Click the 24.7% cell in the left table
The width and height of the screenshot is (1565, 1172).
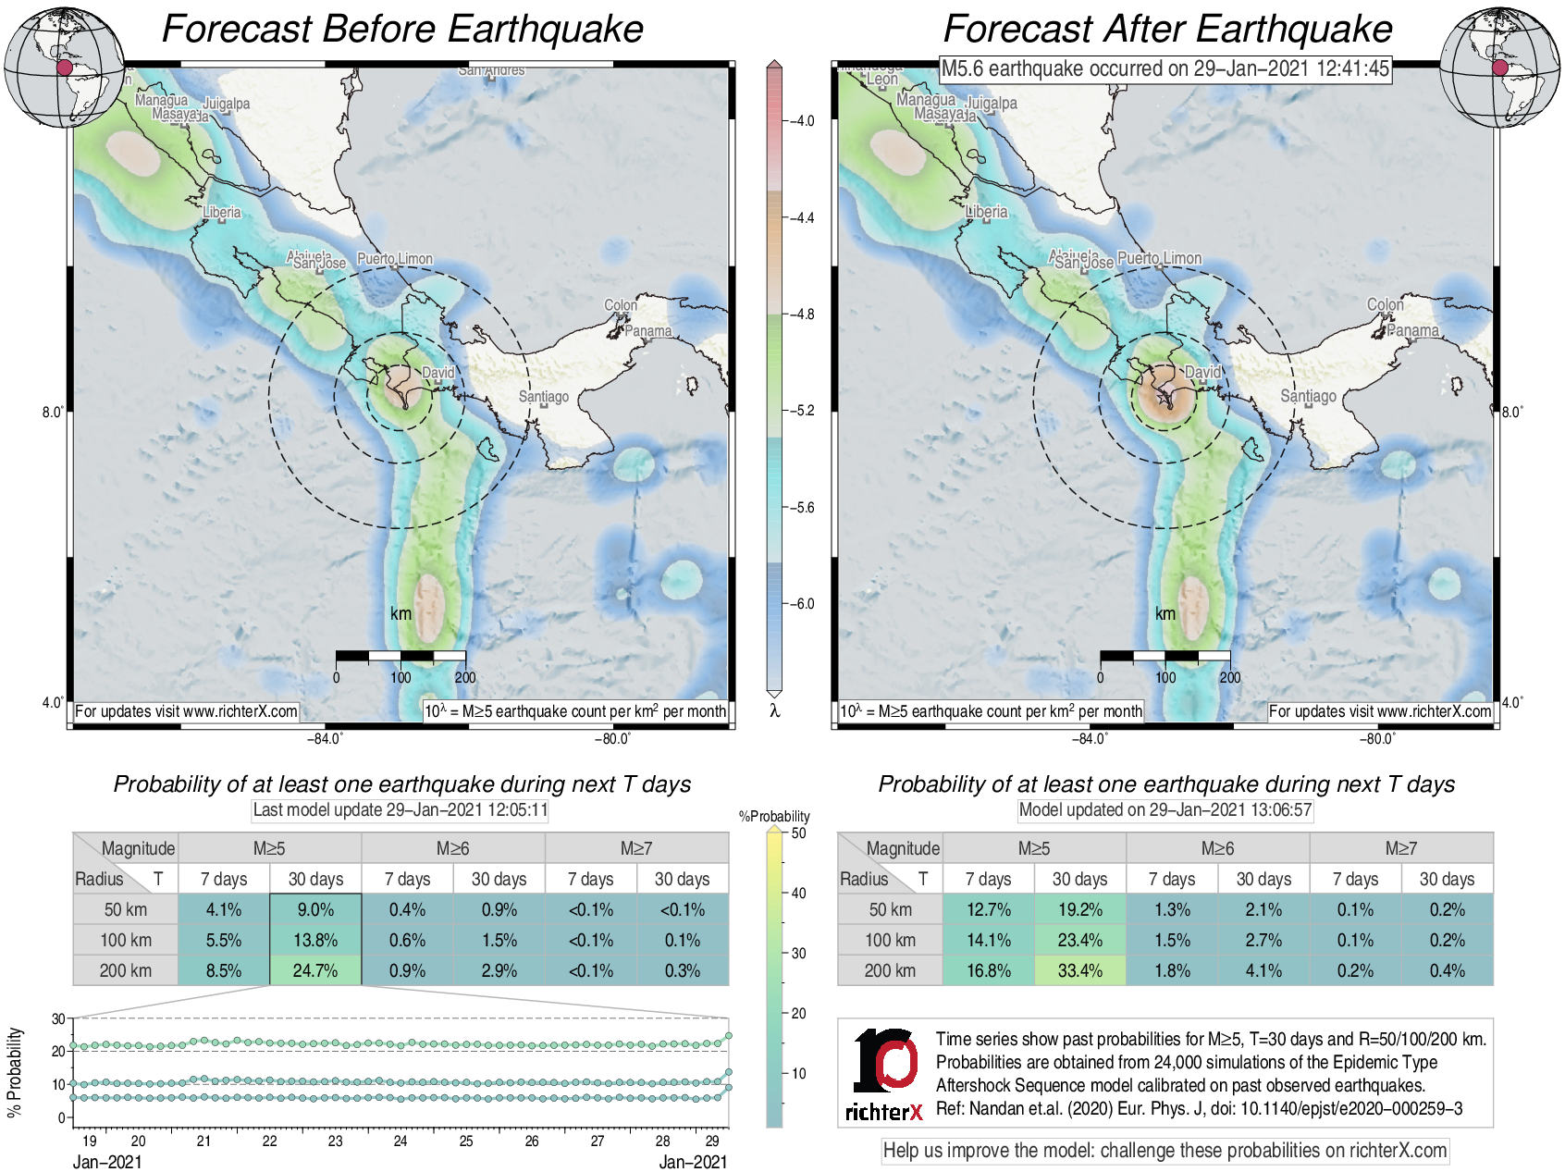315,970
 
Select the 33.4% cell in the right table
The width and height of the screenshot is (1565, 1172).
1079,970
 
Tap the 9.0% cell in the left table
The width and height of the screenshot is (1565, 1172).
315,909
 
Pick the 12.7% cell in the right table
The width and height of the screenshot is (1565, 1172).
988,909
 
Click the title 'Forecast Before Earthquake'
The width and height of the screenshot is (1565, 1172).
402,29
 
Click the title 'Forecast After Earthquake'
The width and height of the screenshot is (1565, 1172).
1167,29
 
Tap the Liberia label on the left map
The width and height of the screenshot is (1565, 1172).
222,212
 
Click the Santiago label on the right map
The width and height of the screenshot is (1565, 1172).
1308,396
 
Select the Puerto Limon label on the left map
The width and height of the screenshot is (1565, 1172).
395,259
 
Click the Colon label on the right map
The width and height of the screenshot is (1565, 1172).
1385,304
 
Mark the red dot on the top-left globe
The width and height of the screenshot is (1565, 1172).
64,68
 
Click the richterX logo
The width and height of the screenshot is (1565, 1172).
884,1074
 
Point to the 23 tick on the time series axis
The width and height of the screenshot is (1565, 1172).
335,1141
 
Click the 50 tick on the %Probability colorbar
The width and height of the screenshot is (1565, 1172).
798,833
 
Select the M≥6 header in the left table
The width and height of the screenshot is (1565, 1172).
452,848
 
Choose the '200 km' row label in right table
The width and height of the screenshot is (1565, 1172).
890,970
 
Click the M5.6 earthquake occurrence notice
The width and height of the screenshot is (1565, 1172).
1165,68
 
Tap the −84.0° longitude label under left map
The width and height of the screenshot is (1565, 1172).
325,738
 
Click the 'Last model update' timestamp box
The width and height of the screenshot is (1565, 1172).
400,810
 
